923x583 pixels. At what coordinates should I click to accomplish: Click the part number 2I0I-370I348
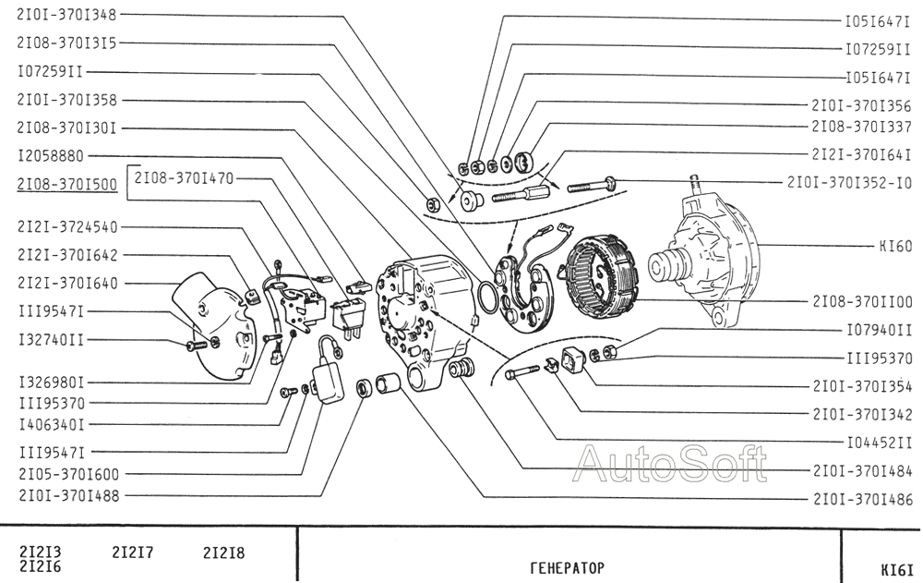67,14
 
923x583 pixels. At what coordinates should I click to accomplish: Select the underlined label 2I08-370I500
67,185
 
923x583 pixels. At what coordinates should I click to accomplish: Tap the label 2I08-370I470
185,177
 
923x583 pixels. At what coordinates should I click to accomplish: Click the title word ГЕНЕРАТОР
567,567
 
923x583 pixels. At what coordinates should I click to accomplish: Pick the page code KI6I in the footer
897,570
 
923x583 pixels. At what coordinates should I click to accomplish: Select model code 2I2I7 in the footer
132,553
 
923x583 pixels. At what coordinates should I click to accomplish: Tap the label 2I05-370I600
68,474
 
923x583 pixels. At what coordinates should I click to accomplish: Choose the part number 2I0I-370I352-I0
849,182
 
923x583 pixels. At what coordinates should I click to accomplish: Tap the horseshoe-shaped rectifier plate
524,290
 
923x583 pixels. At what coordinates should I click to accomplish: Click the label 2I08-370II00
862,301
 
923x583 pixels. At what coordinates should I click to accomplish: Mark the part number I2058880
51,156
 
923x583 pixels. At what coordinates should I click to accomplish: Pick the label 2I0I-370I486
863,499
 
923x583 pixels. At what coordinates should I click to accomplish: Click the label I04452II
879,443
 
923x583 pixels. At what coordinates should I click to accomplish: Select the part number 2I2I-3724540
67,227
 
